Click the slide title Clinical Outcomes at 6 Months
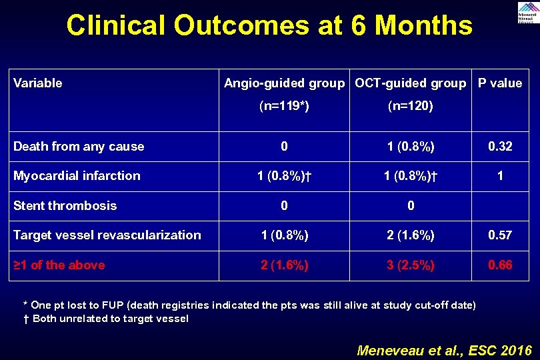pos(269,26)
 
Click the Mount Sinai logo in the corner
pos(526,12)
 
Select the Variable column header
pos(38,83)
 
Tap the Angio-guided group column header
pos(285,83)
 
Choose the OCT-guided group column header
pos(410,83)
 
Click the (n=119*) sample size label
pos(285,105)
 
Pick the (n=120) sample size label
pos(410,105)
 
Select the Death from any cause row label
pos(79,147)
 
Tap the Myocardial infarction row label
pos(77,176)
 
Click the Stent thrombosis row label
pos(65,206)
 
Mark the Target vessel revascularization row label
pos(107,235)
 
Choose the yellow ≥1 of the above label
pos(59,265)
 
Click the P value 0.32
pos(500,147)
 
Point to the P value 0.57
pos(500,235)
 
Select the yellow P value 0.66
pos(500,265)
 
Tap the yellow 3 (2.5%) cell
pos(410,265)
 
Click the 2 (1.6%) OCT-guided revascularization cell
pos(410,235)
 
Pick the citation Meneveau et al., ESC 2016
pos(445,350)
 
